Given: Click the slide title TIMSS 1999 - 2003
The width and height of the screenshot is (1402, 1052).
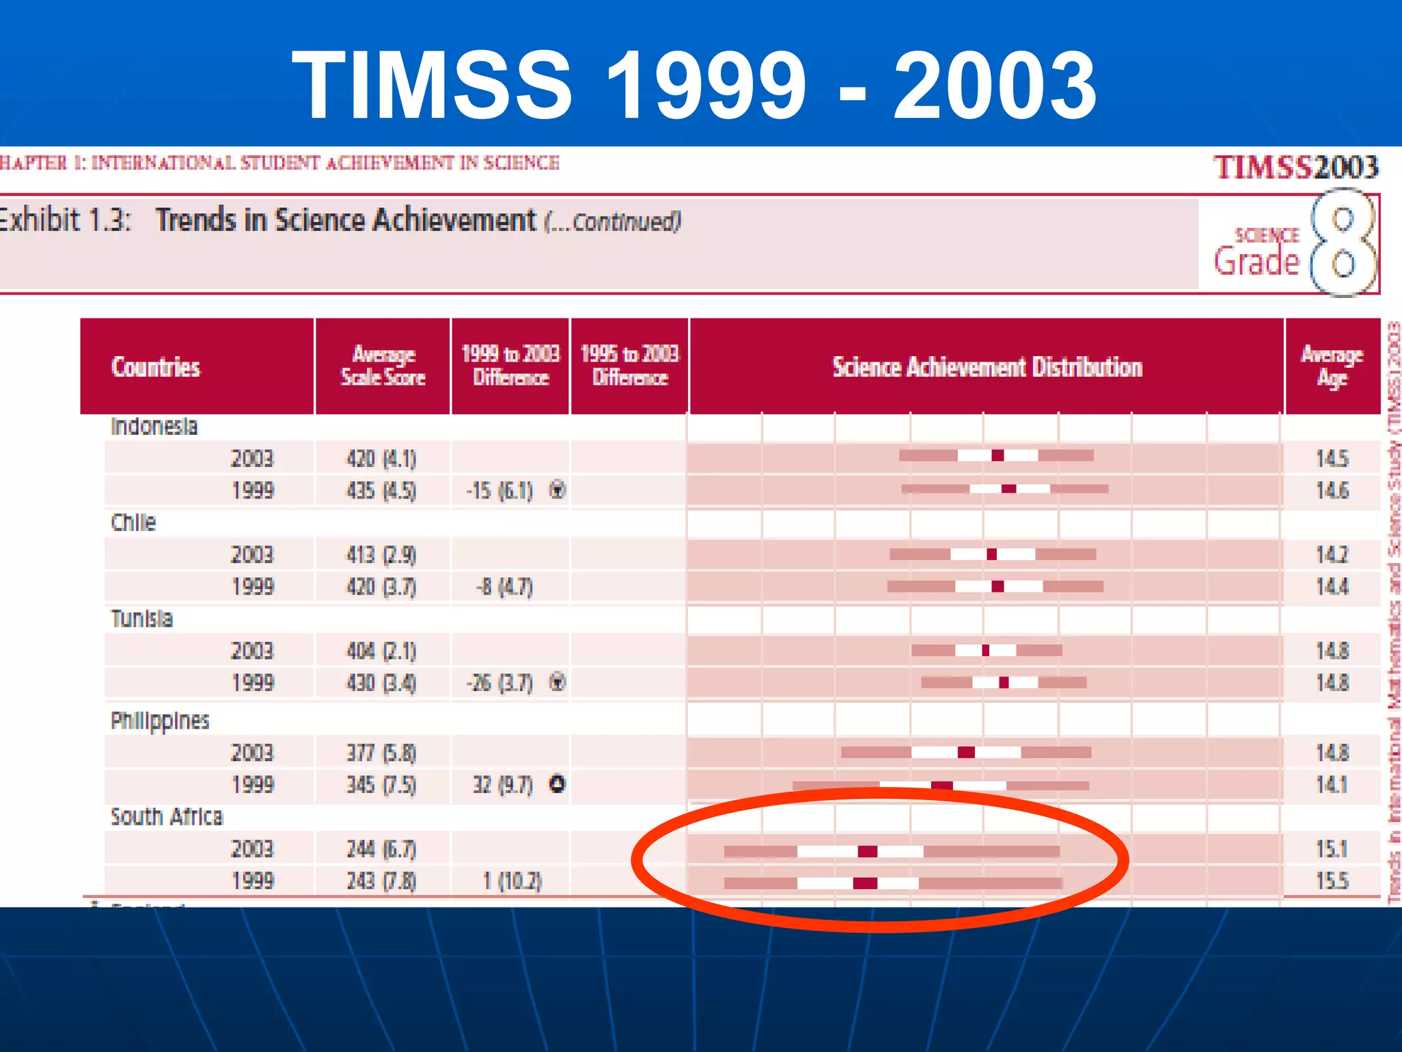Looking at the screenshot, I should (x=694, y=85).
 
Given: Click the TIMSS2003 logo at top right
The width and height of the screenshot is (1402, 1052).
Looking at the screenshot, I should (x=1295, y=167).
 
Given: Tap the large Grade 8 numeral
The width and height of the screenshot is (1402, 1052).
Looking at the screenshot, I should (x=1342, y=243).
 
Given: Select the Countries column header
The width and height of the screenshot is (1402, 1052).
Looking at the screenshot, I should (x=155, y=367).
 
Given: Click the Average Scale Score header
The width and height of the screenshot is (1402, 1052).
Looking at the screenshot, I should (x=383, y=366).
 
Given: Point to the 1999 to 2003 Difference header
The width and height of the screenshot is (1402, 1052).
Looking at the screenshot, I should (x=511, y=366).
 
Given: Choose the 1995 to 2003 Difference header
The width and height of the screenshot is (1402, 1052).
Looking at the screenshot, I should (x=630, y=366).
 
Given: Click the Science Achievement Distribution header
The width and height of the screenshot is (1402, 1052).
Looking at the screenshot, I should (x=987, y=367).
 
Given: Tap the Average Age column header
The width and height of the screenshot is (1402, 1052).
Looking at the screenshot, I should (x=1332, y=366).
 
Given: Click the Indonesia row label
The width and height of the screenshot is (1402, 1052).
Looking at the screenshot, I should (x=154, y=427).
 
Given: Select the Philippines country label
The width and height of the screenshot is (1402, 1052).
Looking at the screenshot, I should (x=160, y=721).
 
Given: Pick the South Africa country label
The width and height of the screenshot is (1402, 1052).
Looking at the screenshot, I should (x=167, y=816).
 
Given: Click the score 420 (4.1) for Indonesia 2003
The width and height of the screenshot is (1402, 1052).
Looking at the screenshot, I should (x=381, y=458).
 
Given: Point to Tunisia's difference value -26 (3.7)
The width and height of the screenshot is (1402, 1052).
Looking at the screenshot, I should (x=500, y=683).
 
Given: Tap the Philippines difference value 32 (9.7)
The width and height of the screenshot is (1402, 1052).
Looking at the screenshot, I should (x=502, y=785).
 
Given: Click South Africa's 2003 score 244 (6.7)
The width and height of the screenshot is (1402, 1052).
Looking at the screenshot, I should (x=381, y=849).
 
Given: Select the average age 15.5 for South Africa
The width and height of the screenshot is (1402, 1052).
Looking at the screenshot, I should (x=1331, y=881).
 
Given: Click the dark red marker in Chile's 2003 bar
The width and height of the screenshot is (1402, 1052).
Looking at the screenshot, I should (x=991, y=554).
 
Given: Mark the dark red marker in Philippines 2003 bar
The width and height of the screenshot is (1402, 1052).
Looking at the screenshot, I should (x=966, y=753).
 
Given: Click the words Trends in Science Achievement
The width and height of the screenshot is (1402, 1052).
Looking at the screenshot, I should (x=346, y=221).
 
